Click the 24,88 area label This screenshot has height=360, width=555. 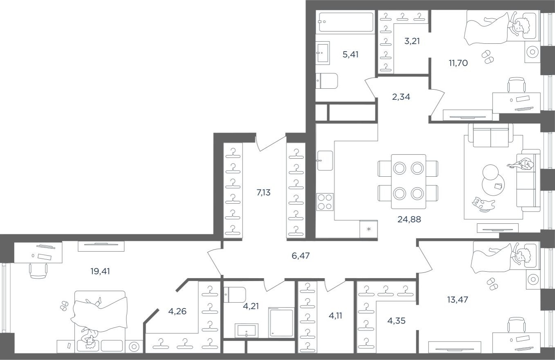(x=409, y=219)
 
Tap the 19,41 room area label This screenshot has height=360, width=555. (x=100, y=271)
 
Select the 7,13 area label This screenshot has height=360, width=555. (x=263, y=192)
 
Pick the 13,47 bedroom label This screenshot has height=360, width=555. (x=457, y=299)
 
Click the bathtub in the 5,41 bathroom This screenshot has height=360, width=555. (x=346, y=22)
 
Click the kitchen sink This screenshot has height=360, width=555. (x=325, y=160)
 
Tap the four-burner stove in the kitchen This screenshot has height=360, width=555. (x=325, y=202)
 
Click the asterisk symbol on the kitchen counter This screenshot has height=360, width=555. (x=369, y=229)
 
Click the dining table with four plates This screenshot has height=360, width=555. (x=408, y=180)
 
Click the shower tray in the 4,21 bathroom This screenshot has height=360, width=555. (x=281, y=323)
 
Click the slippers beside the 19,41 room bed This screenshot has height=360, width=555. (x=64, y=306)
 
